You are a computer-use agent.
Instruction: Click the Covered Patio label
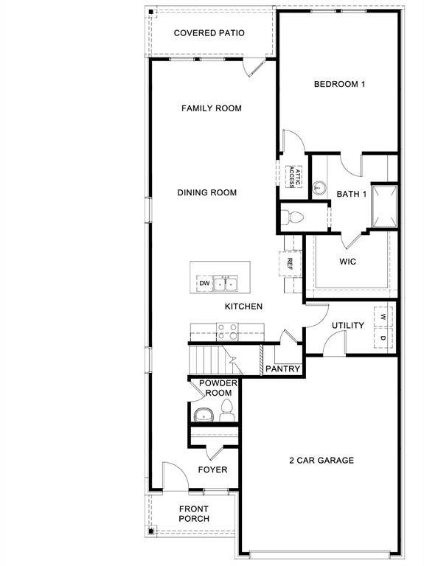click(x=209, y=33)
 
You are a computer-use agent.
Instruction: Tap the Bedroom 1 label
click(x=339, y=84)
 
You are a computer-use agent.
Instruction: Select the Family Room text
click(x=212, y=108)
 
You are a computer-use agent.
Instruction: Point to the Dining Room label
click(x=207, y=193)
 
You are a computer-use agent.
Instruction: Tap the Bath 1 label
click(x=352, y=195)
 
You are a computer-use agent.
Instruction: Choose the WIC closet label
click(x=348, y=262)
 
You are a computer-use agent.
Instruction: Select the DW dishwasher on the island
click(x=204, y=283)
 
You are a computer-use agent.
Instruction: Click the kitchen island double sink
click(x=227, y=283)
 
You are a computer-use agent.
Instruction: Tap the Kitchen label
click(x=243, y=307)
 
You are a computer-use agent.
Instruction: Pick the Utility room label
click(x=347, y=325)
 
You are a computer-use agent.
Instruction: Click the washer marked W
click(x=383, y=317)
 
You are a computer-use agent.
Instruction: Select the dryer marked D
click(x=383, y=338)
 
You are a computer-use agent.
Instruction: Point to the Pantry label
click(x=282, y=368)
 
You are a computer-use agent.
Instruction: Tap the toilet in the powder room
click(x=226, y=410)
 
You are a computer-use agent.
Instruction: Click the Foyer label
click(x=213, y=469)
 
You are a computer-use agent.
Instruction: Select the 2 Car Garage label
click(x=321, y=461)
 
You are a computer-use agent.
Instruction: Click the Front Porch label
click(x=194, y=514)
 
